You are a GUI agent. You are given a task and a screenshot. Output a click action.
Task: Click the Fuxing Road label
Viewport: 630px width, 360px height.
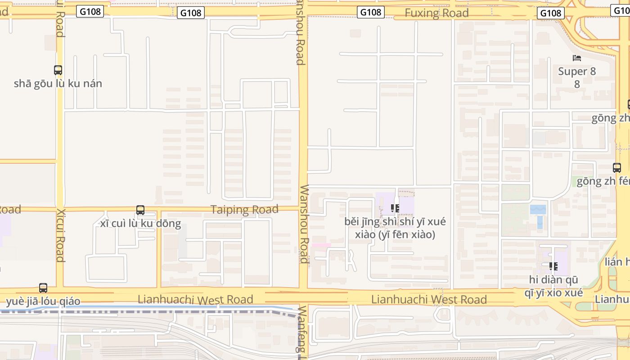(x=436, y=13)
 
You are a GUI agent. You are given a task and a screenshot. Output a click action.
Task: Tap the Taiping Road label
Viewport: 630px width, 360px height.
(x=245, y=210)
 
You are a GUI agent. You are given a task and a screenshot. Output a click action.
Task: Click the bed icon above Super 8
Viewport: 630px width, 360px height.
(x=577, y=58)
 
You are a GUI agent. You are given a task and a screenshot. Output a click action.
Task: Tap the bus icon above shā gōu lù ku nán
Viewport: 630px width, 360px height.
(x=58, y=70)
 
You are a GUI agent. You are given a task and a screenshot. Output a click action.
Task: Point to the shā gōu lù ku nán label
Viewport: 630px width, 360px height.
(x=58, y=84)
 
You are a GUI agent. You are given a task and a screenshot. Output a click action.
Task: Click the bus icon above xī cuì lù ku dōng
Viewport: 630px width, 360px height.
(x=140, y=210)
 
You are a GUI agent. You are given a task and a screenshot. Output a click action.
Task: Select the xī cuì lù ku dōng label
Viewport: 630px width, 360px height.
(x=140, y=223)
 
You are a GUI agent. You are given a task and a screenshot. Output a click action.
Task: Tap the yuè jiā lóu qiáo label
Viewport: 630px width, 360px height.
(x=43, y=301)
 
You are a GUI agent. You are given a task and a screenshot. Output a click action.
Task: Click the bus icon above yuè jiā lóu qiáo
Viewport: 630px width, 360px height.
(x=43, y=288)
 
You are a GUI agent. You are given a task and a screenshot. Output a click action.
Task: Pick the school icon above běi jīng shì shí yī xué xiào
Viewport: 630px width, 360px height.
(x=395, y=208)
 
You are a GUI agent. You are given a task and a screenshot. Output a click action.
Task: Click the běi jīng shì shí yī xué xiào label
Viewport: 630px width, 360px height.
(x=395, y=228)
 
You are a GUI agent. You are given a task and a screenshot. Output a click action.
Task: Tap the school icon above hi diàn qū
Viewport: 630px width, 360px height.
(x=553, y=266)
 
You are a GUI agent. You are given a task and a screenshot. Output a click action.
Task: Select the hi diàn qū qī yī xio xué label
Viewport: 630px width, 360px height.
(x=553, y=286)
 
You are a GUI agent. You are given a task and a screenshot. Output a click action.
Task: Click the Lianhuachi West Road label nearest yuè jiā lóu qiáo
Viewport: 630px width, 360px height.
(x=195, y=299)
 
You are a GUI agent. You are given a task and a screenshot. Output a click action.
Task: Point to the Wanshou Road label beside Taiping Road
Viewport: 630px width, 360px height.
(x=304, y=224)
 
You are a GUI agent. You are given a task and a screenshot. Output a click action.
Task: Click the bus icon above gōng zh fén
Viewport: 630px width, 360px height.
(x=617, y=168)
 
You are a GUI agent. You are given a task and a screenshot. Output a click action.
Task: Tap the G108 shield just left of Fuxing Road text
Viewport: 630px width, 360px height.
(x=371, y=12)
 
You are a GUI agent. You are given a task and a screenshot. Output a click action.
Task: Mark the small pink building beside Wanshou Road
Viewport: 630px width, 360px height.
(x=321, y=245)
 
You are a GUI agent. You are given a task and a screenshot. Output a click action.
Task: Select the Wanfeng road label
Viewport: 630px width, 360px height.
(x=302, y=331)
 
